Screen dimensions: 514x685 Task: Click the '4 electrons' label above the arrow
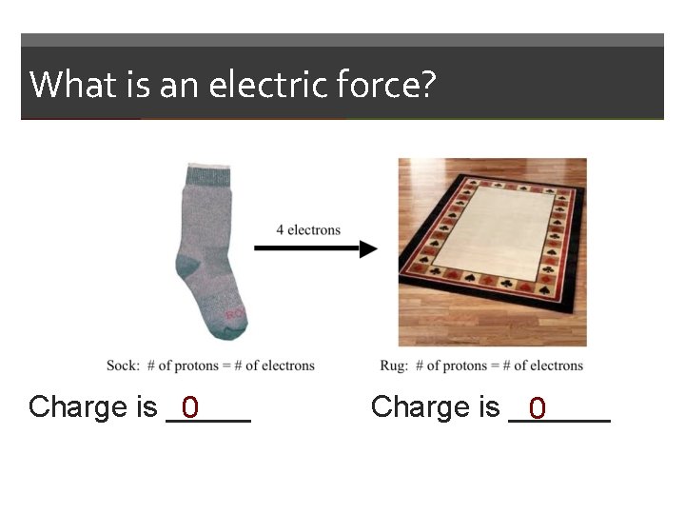(x=308, y=229)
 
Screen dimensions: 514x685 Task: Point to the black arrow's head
(x=368, y=249)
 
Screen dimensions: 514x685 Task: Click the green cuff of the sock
(x=208, y=174)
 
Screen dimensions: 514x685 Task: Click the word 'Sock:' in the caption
(x=123, y=366)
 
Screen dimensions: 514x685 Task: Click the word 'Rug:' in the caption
(x=394, y=366)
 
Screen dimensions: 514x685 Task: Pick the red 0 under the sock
(x=190, y=407)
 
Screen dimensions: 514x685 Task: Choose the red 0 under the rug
(x=538, y=408)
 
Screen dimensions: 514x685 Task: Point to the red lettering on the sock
(x=235, y=313)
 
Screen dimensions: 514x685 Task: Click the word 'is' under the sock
(x=147, y=407)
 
